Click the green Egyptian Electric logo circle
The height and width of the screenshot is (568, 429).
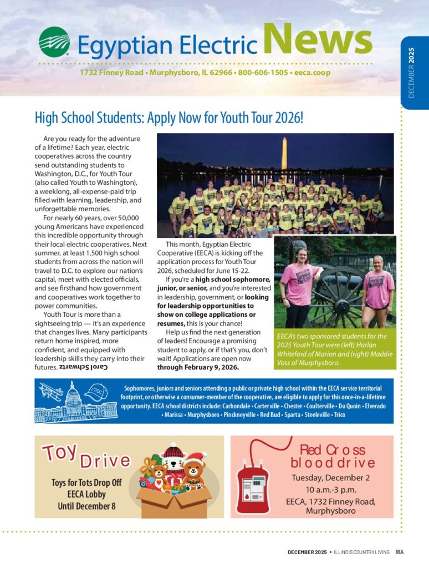tap(54, 42)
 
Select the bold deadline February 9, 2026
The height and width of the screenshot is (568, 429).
tap(210, 367)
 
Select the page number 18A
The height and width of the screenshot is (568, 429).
tap(400, 551)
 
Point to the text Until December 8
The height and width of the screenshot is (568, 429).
tap(86, 506)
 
